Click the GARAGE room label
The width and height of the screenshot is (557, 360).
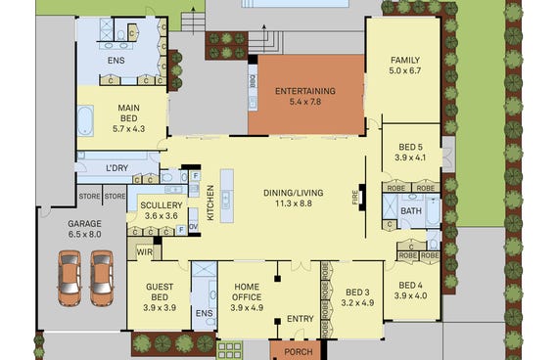(84, 224)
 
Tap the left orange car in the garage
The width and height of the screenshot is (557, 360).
(70, 278)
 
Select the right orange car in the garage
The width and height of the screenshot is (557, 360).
(102, 278)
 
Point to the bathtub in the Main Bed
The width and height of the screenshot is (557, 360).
(85, 120)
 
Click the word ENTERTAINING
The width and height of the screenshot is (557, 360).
(305, 91)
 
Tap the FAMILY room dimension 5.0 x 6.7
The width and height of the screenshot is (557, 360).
(405, 70)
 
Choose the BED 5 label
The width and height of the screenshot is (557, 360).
(410, 147)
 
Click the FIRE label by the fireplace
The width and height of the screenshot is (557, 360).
(355, 197)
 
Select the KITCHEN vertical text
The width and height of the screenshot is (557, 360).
(210, 202)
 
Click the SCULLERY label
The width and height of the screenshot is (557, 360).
(162, 205)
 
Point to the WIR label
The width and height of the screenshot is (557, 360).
(145, 252)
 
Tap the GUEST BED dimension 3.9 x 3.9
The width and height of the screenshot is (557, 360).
(160, 308)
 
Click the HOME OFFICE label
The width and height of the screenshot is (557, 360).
(247, 292)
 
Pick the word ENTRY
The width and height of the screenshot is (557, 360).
(301, 319)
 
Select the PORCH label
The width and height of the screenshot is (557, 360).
(299, 352)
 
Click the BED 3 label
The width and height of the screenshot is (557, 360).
(357, 292)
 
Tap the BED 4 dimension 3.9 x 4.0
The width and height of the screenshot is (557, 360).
(410, 295)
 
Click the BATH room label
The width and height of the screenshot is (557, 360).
(411, 211)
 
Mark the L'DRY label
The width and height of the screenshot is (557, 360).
(116, 168)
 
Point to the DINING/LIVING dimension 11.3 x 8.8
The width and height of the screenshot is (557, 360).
(294, 203)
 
